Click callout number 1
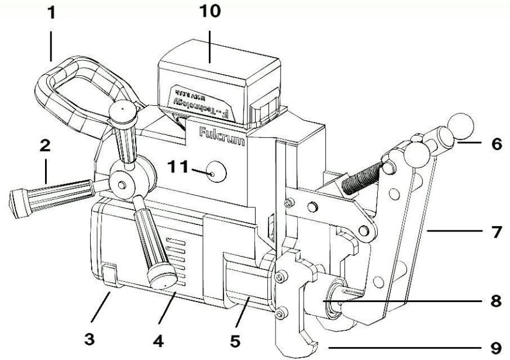(53, 13)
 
